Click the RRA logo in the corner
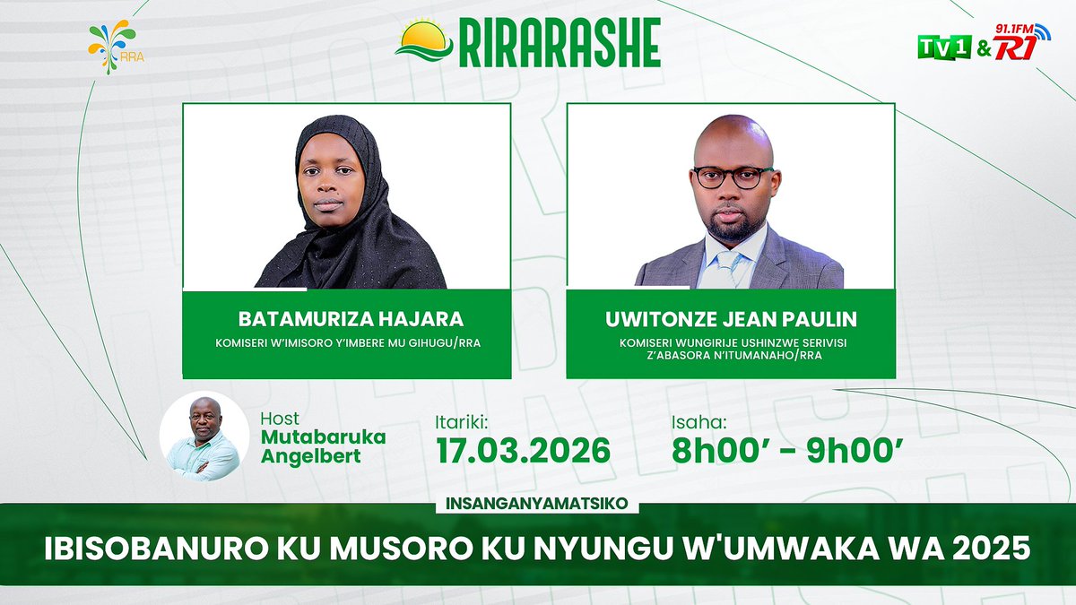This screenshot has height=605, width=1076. (x=112, y=46)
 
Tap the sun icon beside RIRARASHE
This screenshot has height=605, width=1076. (x=425, y=42)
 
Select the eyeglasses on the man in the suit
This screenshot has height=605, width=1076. (x=733, y=177)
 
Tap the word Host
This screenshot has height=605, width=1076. (x=280, y=419)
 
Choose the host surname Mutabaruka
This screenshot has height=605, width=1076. (x=323, y=436)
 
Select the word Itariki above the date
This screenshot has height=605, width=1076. (x=462, y=419)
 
